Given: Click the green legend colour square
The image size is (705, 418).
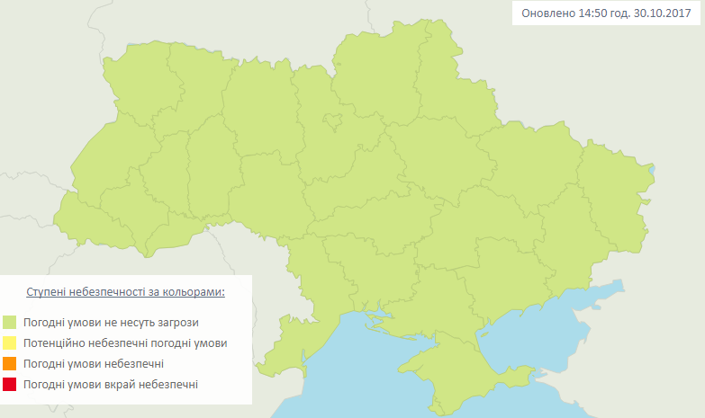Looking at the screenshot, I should click(10, 322).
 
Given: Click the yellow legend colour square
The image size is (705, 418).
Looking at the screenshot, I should click(10, 342).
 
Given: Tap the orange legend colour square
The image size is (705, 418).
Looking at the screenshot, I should click(10, 363).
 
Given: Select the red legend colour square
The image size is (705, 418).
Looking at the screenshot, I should click(10, 384).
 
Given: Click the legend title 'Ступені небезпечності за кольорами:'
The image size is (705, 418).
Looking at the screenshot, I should click(125, 293).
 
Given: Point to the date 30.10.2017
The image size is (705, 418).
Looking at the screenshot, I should click(666, 13).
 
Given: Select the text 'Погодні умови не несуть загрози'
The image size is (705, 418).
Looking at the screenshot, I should click(111, 322).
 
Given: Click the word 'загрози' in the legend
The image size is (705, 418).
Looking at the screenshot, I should click(177, 322).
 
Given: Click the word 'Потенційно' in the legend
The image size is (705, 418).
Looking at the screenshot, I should click(53, 342).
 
